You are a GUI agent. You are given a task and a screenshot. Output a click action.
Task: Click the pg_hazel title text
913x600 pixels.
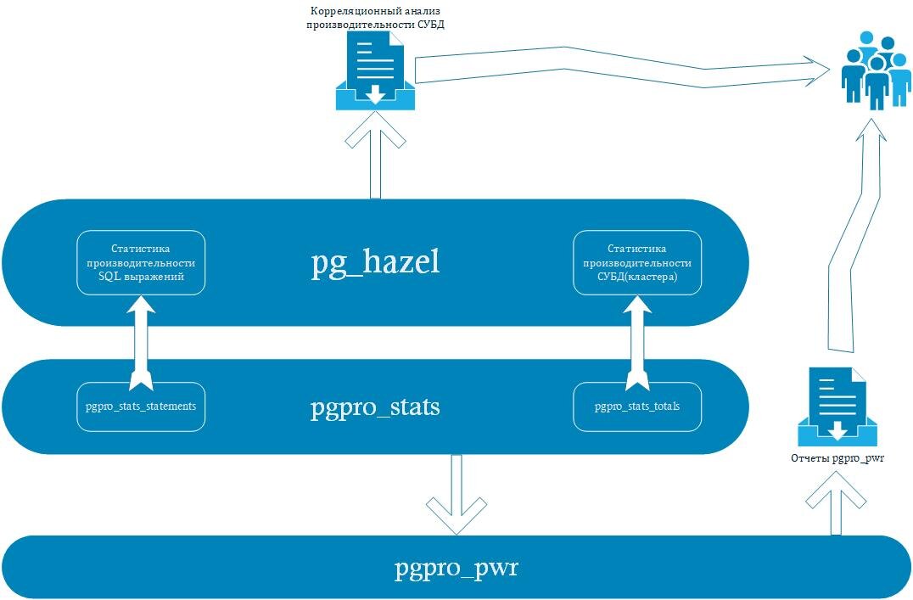375,263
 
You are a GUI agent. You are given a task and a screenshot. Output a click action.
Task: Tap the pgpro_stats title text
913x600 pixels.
375,407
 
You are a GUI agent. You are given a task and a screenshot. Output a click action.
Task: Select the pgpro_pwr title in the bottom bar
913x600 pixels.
456,568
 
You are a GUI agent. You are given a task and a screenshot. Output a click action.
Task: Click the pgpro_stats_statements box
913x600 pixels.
141,407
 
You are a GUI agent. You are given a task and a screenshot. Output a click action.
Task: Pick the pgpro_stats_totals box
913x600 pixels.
637,407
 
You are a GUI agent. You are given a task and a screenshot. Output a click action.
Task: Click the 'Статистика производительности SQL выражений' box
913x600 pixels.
141,263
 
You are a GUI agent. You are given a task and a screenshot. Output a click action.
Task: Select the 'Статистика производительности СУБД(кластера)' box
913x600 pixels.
637,263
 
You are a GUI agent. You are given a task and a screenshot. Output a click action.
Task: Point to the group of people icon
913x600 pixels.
875,71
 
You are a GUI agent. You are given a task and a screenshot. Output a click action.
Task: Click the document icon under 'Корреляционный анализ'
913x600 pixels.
376,71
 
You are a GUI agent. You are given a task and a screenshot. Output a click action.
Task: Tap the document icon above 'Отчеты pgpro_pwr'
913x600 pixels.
837,407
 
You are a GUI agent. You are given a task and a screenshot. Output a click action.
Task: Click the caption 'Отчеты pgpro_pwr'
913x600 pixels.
837,458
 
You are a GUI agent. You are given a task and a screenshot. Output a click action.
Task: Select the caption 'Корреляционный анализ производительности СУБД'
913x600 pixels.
376,18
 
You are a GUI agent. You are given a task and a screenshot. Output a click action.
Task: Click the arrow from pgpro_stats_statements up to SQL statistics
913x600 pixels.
141,343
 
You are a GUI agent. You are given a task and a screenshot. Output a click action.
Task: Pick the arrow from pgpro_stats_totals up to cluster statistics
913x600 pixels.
637,343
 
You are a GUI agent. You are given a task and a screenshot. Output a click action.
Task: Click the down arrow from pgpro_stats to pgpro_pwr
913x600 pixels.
456,494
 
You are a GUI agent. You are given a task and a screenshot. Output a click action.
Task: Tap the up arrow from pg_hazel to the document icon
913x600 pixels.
376,155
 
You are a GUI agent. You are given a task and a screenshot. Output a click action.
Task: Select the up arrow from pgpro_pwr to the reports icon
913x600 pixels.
836,502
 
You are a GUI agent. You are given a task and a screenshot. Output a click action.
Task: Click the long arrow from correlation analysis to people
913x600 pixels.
623,68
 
